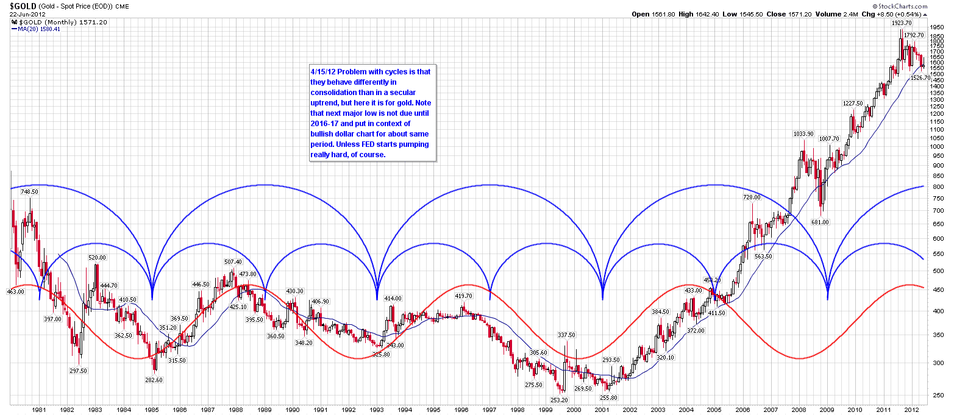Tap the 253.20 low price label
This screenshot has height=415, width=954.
pyautogui.click(x=558, y=400)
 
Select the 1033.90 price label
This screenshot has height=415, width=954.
pyautogui.click(x=803, y=134)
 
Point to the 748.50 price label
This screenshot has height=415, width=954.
pyautogui.click(x=29, y=191)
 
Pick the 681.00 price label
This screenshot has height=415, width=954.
pyautogui.click(x=821, y=222)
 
